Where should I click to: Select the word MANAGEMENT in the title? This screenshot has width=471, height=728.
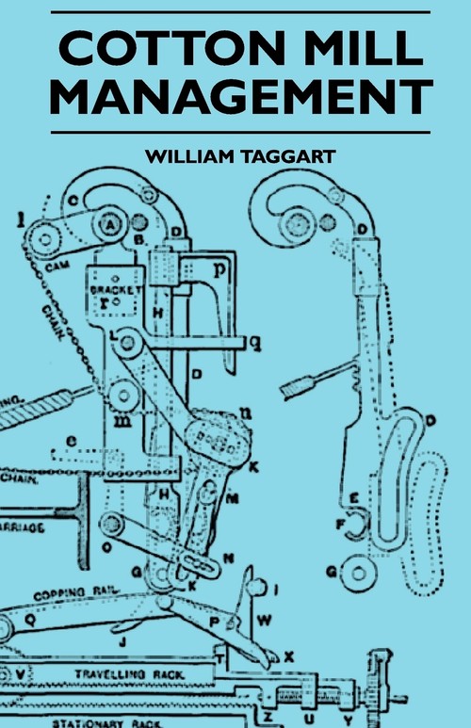pyautogui.click(x=235, y=98)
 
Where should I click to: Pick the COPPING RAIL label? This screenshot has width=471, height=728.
pyautogui.click(x=70, y=596)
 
